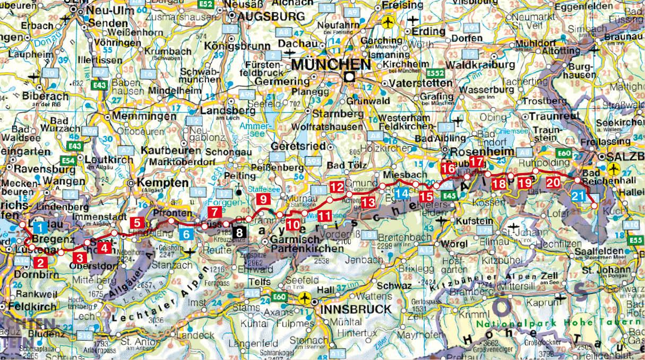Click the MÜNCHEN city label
[330, 64]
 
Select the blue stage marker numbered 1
[39, 228]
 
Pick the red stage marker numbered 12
[337, 186]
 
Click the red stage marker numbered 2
[41, 262]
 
